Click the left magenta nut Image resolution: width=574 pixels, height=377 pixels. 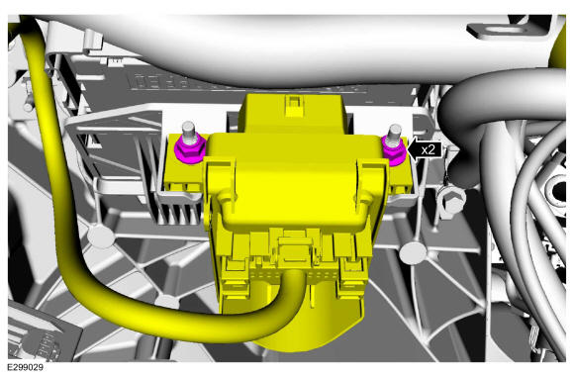[x=190, y=150]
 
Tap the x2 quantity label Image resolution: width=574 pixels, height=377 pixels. [x=428, y=149]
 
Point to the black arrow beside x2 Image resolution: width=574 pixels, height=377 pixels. [x=425, y=149]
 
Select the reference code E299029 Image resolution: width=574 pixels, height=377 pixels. [x=26, y=367]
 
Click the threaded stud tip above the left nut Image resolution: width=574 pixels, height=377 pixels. [x=188, y=127]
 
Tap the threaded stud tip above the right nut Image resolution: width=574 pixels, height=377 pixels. [x=395, y=130]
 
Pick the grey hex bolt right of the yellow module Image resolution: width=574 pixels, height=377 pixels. [x=452, y=201]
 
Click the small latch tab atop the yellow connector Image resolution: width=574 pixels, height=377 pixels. [x=293, y=106]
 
